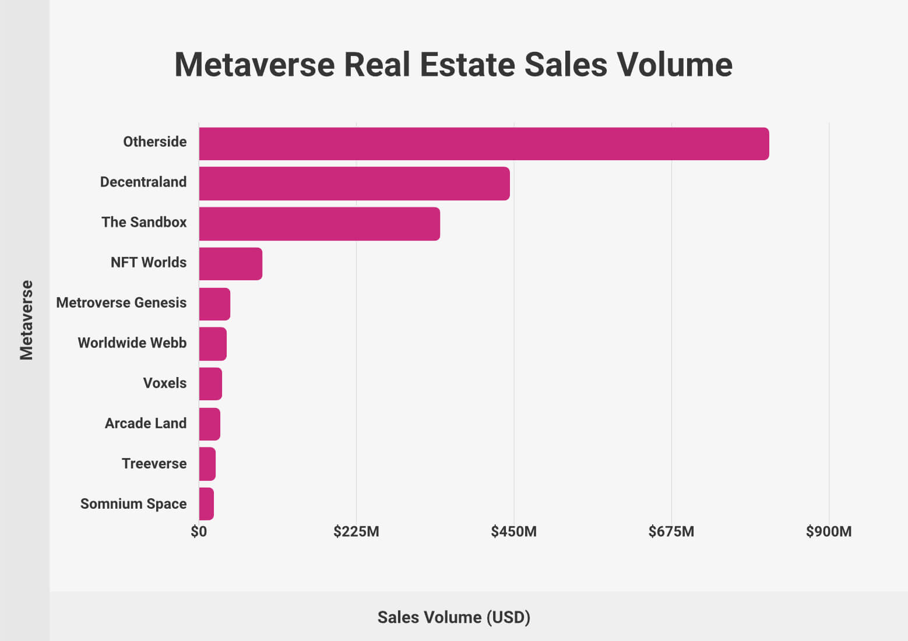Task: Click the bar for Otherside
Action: (484, 143)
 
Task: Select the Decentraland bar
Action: (354, 184)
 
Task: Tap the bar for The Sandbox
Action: (319, 224)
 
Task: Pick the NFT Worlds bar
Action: (230, 264)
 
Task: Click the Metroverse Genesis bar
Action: (214, 304)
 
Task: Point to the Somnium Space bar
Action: (206, 504)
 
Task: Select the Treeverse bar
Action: (207, 464)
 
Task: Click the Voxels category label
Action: (165, 383)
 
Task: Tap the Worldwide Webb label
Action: (132, 343)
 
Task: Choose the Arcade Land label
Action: (146, 423)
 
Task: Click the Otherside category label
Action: (155, 142)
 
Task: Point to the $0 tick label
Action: (199, 531)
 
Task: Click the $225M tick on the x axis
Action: (356, 531)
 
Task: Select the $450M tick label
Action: (513, 531)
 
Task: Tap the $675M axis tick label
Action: (671, 531)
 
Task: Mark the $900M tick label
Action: (829, 531)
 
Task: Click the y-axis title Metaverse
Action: (27, 320)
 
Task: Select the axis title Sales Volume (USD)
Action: (454, 617)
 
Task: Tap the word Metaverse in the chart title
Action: (254, 64)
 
